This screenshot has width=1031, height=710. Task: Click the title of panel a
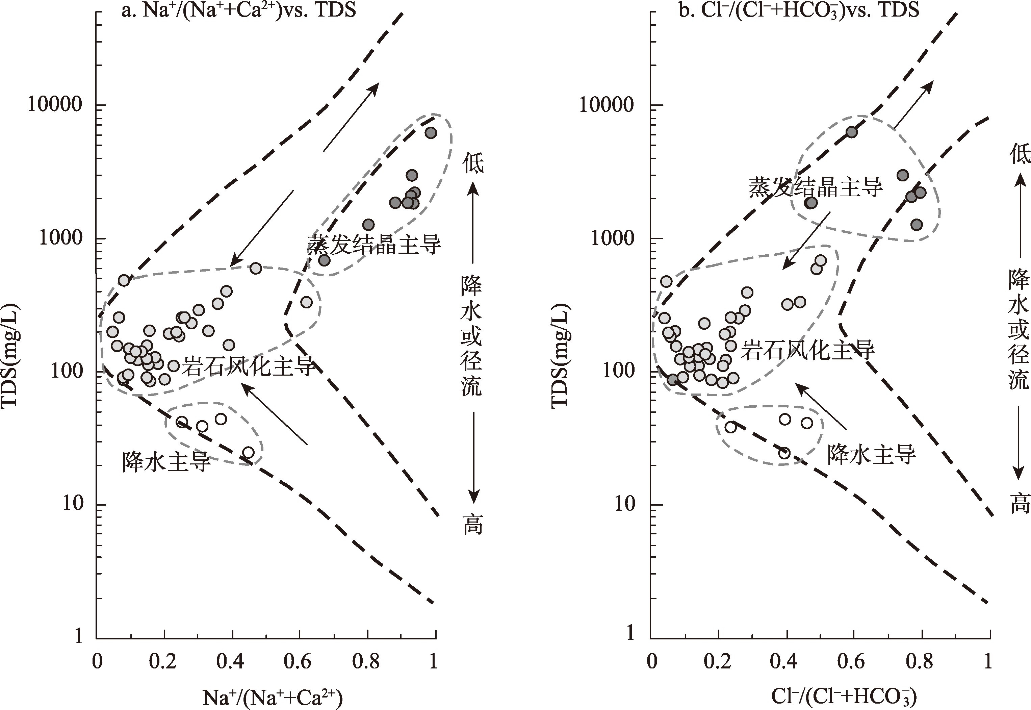(239, 10)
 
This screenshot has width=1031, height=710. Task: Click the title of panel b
(798, 10)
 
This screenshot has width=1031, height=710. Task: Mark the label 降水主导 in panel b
(871, 455)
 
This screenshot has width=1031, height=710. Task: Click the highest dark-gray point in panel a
(431, 132)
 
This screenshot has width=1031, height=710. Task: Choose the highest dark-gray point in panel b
(851, 132)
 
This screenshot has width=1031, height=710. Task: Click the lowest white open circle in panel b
(784, 453)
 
